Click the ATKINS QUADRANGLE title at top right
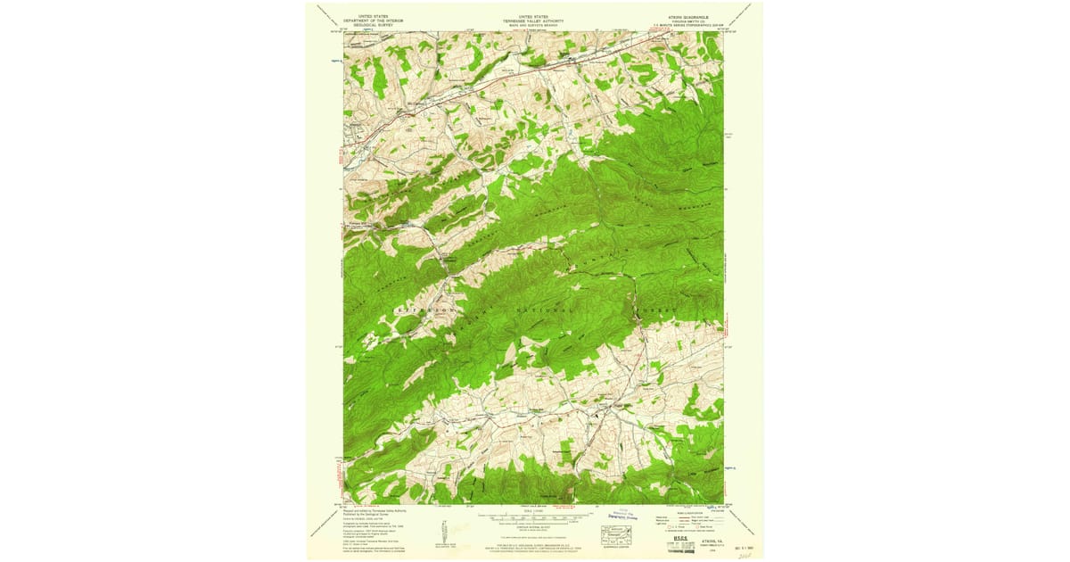pyautogui.click(x=693, y=16)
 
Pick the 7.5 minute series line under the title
pyautogui.click(x=693, y=25)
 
